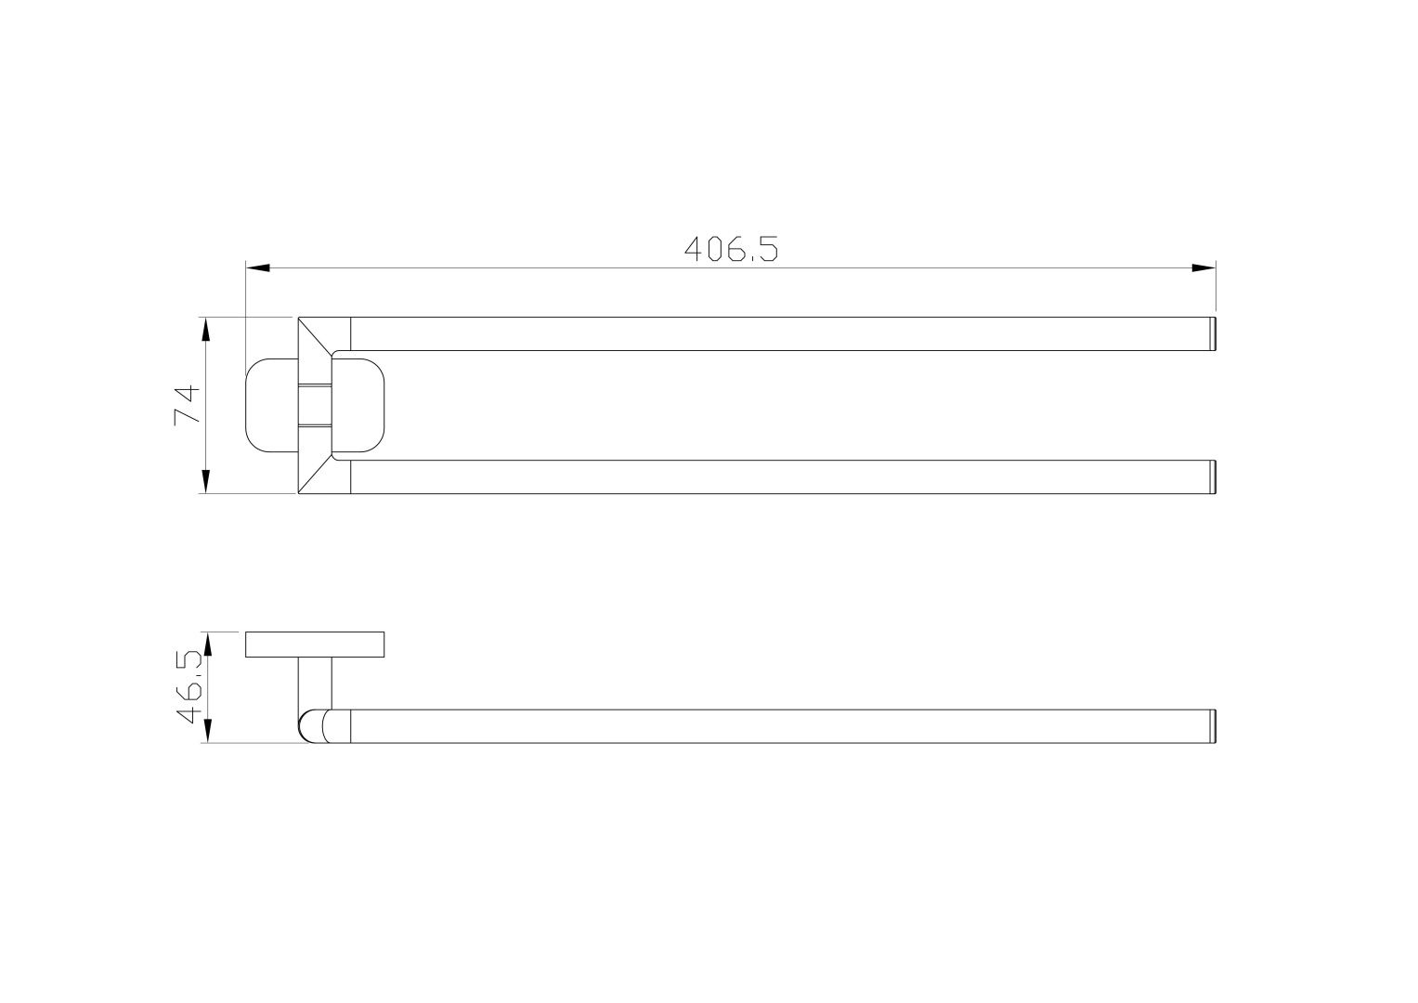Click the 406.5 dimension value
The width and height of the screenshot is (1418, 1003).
point(731,249)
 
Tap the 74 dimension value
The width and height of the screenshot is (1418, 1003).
point(188,405)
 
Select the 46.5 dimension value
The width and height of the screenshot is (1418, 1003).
point(189,687)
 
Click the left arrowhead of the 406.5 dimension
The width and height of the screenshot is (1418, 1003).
point(258,267)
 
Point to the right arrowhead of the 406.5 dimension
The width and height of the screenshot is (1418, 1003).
point(1203,267)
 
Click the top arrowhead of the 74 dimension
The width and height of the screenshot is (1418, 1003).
point(205,330)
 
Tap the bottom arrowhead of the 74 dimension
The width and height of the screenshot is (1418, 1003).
point(205,481)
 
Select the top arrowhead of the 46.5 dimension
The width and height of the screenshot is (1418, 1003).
point(206,644)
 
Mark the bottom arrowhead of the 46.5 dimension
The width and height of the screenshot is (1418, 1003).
point(206,731)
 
